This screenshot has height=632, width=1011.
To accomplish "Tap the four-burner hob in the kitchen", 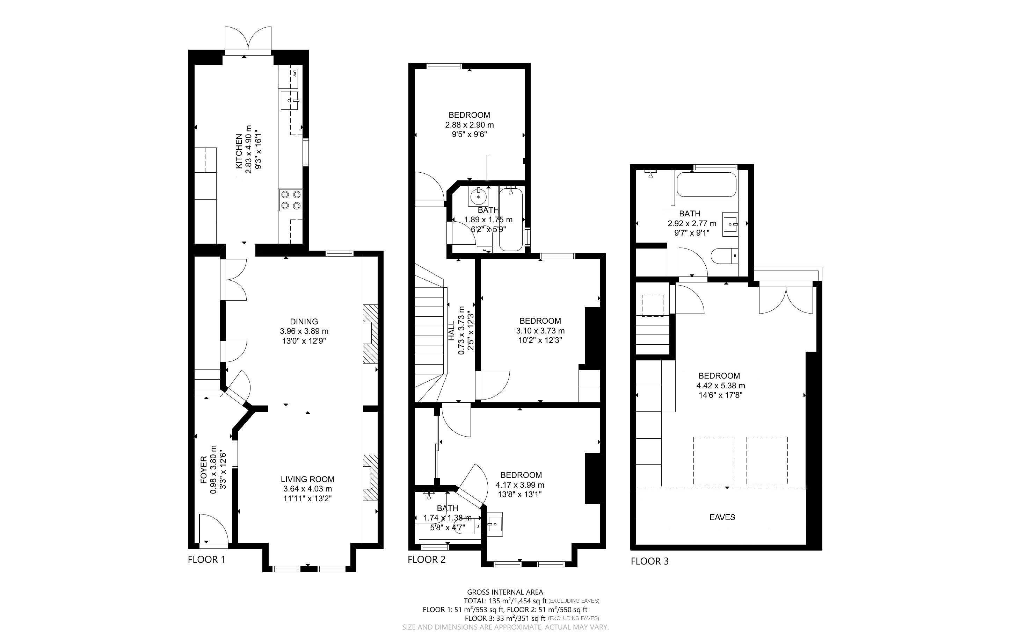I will tap(291, 200).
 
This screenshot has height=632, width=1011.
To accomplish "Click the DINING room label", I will tap(304, 322).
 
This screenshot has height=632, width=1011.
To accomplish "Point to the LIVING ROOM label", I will tap(307, 479).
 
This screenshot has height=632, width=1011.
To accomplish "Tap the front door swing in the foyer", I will tap(213, 529).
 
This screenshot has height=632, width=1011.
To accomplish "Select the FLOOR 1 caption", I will tap(207, 559).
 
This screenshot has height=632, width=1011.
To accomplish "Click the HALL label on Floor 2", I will tap(451, 331).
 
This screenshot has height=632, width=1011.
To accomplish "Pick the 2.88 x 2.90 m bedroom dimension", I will tap(470, 124).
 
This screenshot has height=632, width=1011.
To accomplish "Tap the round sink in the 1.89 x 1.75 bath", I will tap(478, 196).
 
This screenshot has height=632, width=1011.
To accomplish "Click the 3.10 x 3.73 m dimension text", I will tap(540, 331).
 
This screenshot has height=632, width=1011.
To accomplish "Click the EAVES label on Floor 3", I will tap(722, 517).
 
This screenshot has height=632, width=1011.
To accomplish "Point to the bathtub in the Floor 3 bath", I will tap(706, 184).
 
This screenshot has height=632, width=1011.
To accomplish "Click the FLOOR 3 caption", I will tap(649, 561).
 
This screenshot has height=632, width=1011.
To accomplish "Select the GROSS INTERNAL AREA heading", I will tap(505, 592).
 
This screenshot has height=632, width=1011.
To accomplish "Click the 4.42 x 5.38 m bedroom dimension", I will tap(720, 385).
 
